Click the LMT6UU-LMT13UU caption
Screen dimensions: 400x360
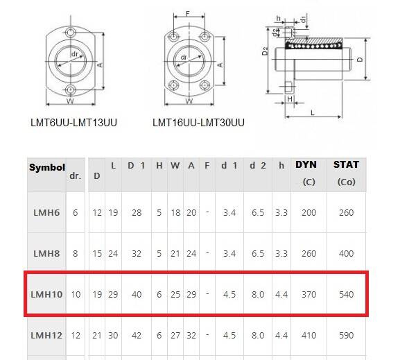pos(73,123)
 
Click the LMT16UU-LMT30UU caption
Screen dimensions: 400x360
pos(198,123)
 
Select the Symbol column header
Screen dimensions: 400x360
pos(47,167)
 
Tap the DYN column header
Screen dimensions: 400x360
pos(306,165)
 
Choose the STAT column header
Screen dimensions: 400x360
pos(346,165)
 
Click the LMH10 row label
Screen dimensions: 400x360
pos(46,294)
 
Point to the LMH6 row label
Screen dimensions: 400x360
pos(46,212)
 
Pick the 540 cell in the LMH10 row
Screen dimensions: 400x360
pos(346,294)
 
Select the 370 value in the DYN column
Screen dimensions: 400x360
pos(308,294)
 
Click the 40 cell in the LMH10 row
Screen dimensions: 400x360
pos(137,294)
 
